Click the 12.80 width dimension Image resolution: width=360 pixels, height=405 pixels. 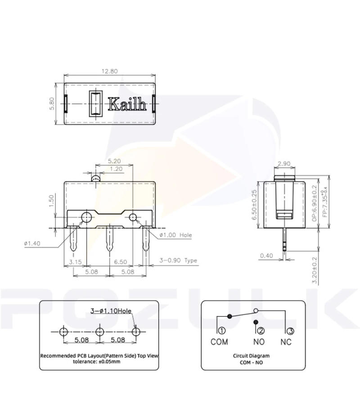(x=110, y=71)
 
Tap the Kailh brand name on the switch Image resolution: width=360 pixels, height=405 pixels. (x=127, y=105)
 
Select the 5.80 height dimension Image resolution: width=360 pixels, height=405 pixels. (x=52, y=103)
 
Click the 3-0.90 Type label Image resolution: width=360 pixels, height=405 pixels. (x=178, y=261)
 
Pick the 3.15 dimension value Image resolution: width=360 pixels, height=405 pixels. (x=75, y=261)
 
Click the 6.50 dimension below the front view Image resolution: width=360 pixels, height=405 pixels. (x=121, y=261)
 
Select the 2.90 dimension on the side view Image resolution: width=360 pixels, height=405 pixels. (x=284, y=163)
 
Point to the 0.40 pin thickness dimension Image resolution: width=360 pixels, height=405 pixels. (x=266, y=256)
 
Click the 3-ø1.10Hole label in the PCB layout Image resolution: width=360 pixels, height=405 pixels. (x=111, y=310)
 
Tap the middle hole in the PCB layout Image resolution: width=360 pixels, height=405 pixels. (x=100, y=332)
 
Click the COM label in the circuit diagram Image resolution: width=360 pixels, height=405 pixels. (x=219, y=342)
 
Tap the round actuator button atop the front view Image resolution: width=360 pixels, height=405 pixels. (x=96, y=179)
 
